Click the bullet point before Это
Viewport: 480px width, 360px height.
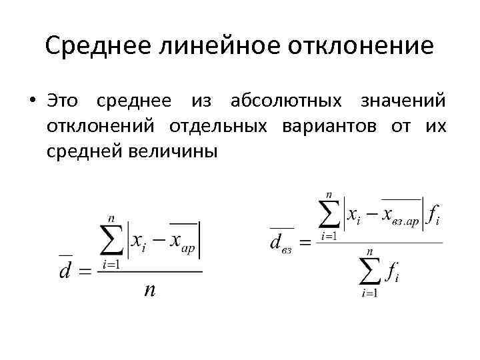point(31,101)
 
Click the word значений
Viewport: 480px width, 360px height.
point(403,101)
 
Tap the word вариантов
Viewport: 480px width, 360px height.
point(323,126)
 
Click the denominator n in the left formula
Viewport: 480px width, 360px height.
point(150,290)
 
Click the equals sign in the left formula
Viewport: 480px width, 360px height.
point(85,272)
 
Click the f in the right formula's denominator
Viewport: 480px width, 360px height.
point(392,273)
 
